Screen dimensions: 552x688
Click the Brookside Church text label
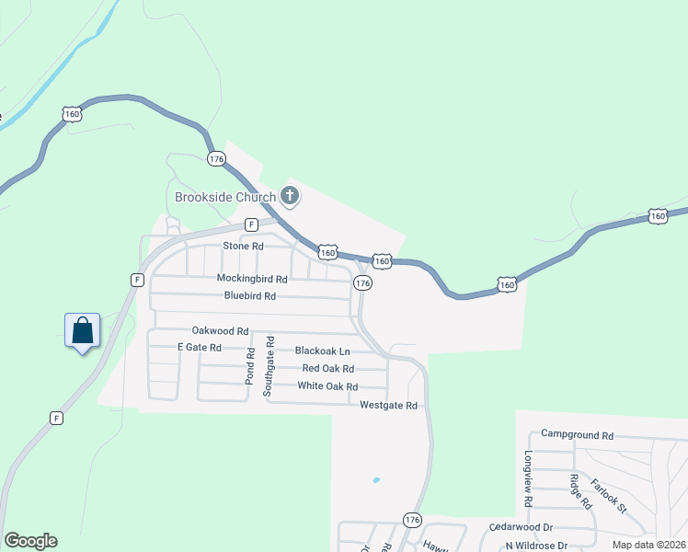coord(225,197)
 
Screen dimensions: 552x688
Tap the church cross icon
coord(290,195)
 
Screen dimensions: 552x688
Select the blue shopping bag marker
coord(82,330)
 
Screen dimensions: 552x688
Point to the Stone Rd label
coord(244,247)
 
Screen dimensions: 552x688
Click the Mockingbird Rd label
coord(252,278)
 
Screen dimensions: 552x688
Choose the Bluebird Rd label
coord(250,296)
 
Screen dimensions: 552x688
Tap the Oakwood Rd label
coord(221,330)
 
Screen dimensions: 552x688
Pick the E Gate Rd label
coord(200,348)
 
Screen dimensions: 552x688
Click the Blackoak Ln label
coord(322,351)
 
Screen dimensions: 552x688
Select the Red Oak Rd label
coord(328,368)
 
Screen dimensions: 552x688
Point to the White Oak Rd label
coord(327,385)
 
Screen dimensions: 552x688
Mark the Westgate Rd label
coord(389,405)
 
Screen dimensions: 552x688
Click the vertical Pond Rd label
coord(249,365)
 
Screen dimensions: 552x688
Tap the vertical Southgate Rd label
coord(269,365)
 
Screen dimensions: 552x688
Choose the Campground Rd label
coord(577,434)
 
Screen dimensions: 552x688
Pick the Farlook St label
coord(608,496)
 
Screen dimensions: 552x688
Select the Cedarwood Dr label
coord(521,527)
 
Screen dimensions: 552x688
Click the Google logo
coord(30,541)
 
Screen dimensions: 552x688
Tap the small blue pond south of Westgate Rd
coord(375,479)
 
